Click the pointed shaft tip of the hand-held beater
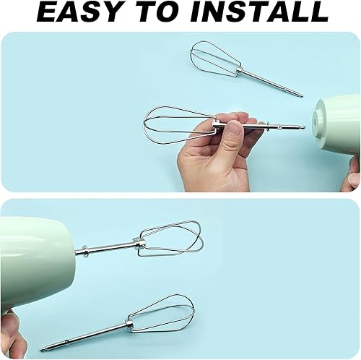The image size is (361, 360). coord(304,127)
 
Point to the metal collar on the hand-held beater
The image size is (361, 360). coord(216,124)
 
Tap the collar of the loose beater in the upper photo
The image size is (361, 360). coord(240,71)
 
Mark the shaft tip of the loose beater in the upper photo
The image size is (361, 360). coord(301,95)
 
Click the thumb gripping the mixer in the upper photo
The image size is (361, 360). coord(352,179)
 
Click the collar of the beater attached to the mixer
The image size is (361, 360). coord(140,243)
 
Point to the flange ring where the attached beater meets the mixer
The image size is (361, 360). coord(84,252)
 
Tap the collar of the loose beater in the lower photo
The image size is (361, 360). coord(129,324)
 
